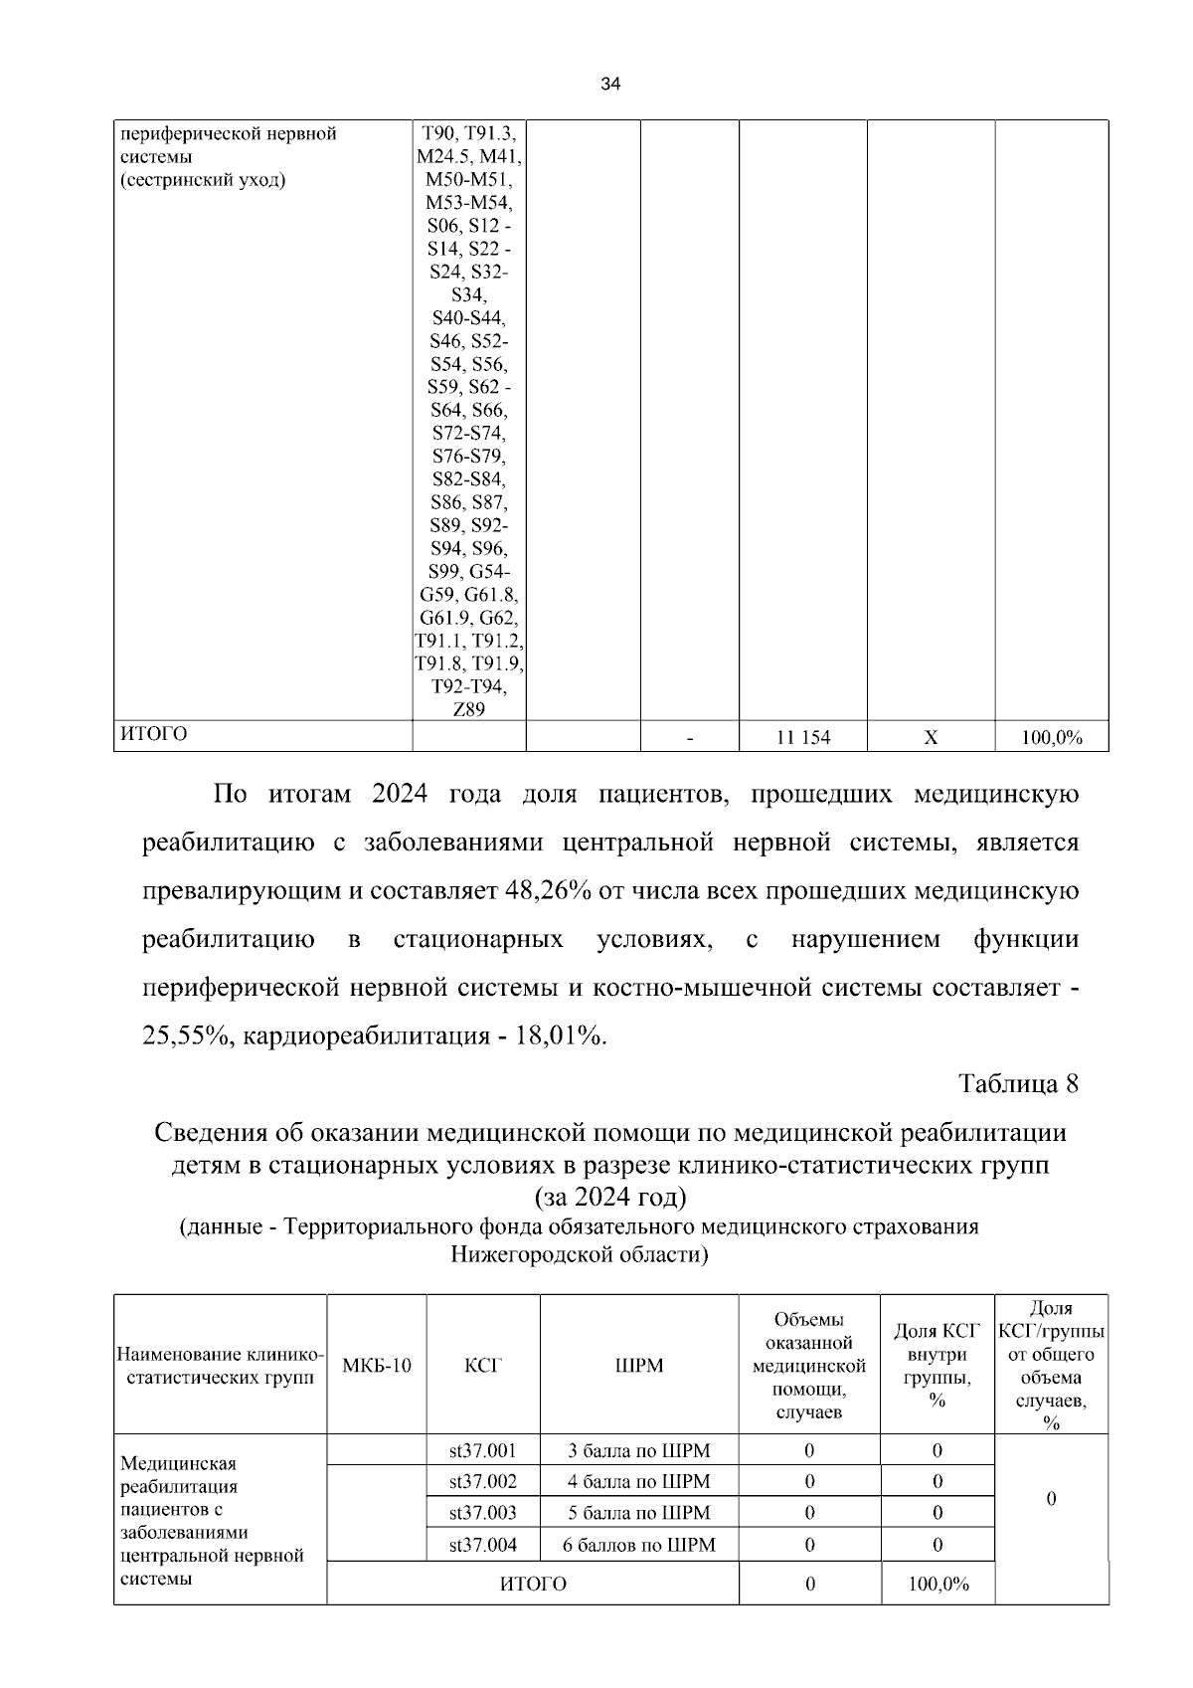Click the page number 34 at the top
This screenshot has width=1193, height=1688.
click(x=610, y=86)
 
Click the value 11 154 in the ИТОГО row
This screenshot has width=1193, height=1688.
click(x=802, y=737)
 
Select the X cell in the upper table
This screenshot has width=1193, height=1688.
click(x=931, y=737)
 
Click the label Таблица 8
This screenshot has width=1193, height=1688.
click(x=1018, y=1083)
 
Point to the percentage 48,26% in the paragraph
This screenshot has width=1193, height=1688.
click(x=549, y=890)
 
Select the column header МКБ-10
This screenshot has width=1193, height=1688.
click(x=376, y=1365)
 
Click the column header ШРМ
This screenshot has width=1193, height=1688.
click(x=639, y=1365)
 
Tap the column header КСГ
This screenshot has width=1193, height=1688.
click(x=483, y=1365)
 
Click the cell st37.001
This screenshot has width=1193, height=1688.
click(x=483, y=1450)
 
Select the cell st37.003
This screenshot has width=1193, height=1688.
click(x=483, y=1513)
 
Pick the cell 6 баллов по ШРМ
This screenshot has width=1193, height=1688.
click(x=639, y=1545)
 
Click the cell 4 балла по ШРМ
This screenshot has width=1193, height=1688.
click(x=639, y=1481)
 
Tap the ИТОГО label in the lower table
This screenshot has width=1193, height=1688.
click(x=533, y=1584)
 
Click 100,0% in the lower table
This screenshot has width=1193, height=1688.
click(x=938, y=1584)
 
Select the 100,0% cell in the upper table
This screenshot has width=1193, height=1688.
click(x=1052, y=737)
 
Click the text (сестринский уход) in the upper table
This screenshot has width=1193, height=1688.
click(x=203, y=180)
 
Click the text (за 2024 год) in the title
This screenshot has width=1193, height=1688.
click(x=610, y=1195)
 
